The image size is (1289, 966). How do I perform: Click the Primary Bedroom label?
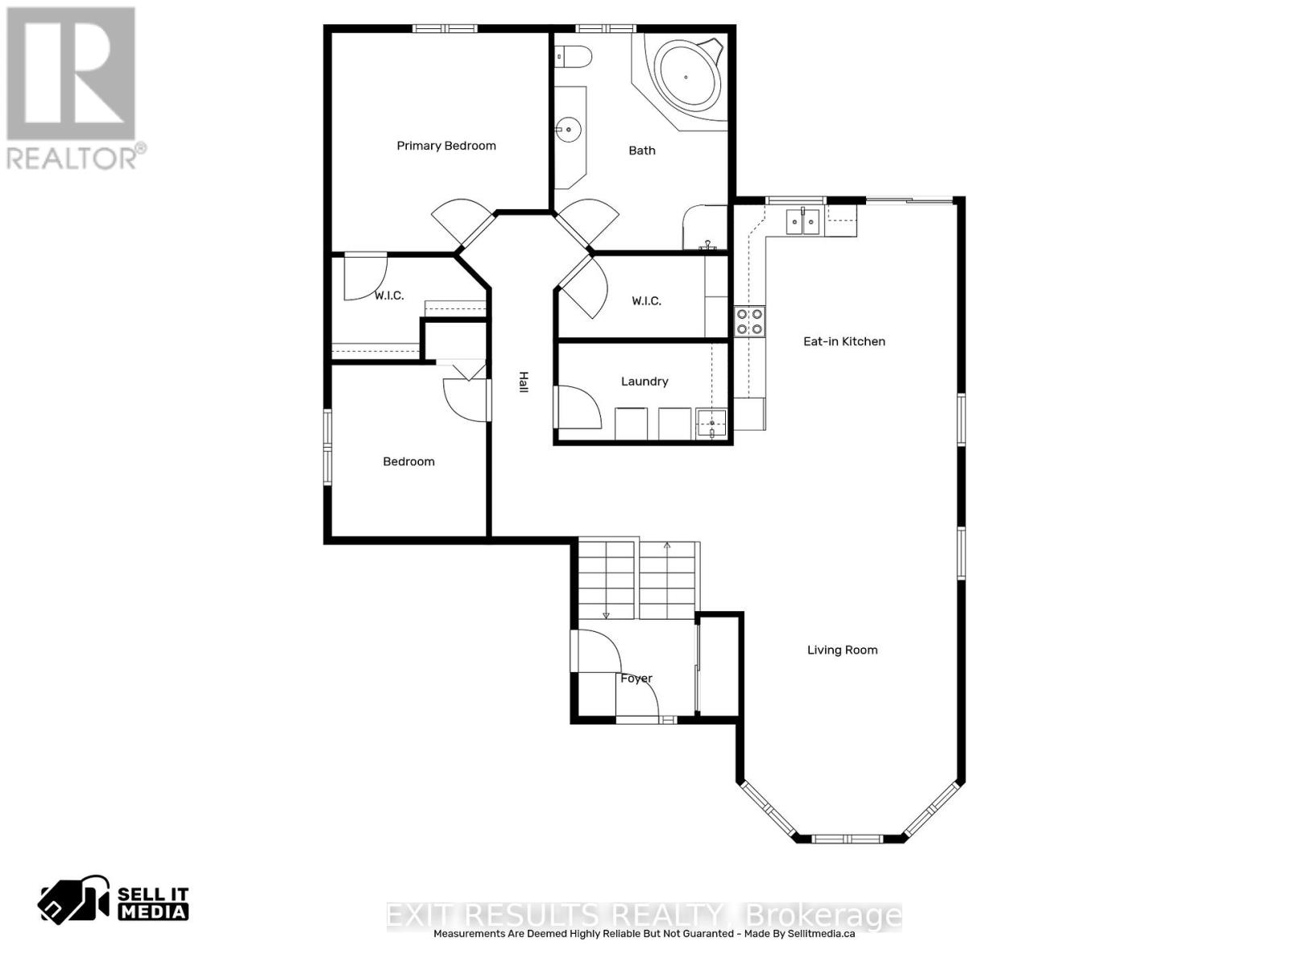pyautogui.click(x=446, y=146)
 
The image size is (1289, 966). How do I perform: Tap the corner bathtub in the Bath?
pyautogui.click(x=686, y=78)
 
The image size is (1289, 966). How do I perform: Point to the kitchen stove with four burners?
pyautogui.click(x=749, y=321)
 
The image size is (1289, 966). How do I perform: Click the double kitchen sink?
pyautogui.click(x=802, y=220)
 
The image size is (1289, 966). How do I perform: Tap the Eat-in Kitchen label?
pyautogui.click(x=843, y=341)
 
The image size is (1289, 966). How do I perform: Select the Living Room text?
pyautogui.click(x=842, y=650)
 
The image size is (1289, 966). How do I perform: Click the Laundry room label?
pyautogui.click(x=644, y=382)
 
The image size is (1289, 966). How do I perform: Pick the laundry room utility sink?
pyautogui.click(x=712, y=423)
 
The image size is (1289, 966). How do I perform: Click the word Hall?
pyautogui.click(x=523, y=382)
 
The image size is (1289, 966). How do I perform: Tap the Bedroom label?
pyautogui.click(x=408, y=461)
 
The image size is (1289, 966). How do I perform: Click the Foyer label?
pyautogui.click(x=636, y=679)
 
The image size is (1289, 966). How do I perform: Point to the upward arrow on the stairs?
pyautogui.click(x=667, y=547)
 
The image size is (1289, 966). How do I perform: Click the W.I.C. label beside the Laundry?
pyautogui.click(x=646, y=301)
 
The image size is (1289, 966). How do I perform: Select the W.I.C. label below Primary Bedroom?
pyautogui.click(x=389, y=296)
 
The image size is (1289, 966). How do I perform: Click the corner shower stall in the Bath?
pyautogui.click(x=703, y=229)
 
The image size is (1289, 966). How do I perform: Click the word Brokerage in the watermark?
pyautogui.click(x=824, y=915)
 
